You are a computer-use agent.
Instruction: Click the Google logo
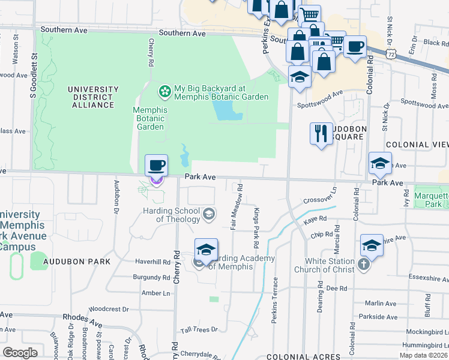(x=19, y=353)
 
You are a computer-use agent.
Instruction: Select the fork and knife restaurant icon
(x=321, y=133)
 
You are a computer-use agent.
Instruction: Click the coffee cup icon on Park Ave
(x=156, y=165)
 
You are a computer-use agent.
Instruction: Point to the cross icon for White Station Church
(x=364, y=265)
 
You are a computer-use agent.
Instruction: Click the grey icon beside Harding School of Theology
(x=208, y=214)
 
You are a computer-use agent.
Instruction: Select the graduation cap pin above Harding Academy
(x=205, y=250)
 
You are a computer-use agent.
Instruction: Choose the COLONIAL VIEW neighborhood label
(x=417, y=145)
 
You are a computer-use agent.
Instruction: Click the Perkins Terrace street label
(x=275, y=300)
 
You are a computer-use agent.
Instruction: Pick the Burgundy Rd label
(x=152, y=278)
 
